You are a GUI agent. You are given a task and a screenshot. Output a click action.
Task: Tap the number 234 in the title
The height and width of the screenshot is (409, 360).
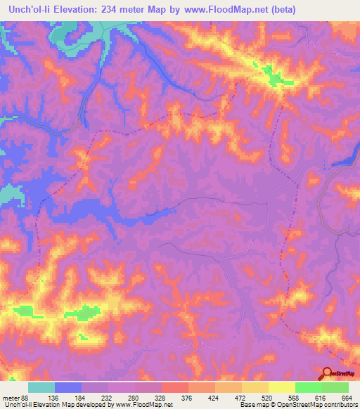pos(112,10)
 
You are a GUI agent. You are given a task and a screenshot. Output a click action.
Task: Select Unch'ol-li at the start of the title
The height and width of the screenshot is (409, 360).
pos(27,10)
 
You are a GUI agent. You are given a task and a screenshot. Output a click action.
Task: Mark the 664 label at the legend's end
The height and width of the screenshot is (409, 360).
pos(347,398)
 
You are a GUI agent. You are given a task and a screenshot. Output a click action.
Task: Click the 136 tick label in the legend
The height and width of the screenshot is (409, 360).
pos(67,398)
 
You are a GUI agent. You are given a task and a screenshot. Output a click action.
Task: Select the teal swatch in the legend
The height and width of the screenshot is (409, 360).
pos(41,387)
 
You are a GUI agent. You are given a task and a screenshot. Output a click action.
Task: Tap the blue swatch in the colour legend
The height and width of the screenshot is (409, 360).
pos(68,387)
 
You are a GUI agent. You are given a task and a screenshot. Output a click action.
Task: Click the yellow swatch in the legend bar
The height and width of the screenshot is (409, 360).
pos(282,387)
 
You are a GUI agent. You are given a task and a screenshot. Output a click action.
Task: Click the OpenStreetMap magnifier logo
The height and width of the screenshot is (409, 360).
pos(328,374)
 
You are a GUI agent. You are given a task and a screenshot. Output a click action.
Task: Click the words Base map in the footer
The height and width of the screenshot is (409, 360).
pos(251,405)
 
